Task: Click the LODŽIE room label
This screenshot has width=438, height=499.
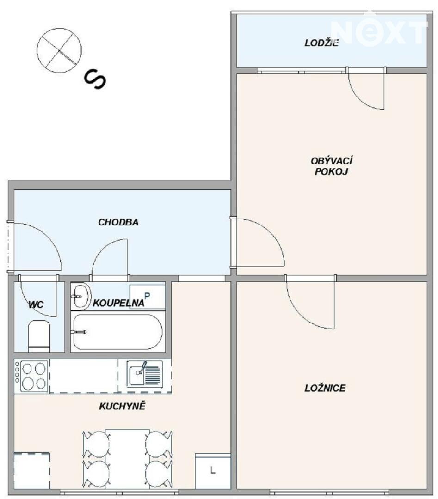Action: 321,43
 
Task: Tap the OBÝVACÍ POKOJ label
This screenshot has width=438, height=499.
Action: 331,166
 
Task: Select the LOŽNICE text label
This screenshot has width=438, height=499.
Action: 325,388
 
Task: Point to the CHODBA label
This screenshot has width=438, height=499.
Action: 118,222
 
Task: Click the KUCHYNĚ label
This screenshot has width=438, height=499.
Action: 122,406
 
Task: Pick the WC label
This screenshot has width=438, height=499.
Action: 36,305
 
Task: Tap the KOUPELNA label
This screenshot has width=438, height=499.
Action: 118,303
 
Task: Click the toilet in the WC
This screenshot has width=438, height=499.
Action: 39,336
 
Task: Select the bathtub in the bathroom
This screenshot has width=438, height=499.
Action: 118,332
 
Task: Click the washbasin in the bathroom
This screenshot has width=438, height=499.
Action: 81,296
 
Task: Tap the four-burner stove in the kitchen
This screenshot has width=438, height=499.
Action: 31,376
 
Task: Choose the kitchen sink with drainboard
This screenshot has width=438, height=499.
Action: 145,374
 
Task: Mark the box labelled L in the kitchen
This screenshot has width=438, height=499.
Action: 213,471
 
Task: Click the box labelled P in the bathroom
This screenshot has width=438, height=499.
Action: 147,296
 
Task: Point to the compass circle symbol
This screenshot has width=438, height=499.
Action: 59,50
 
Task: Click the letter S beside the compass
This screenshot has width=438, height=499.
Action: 95,79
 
